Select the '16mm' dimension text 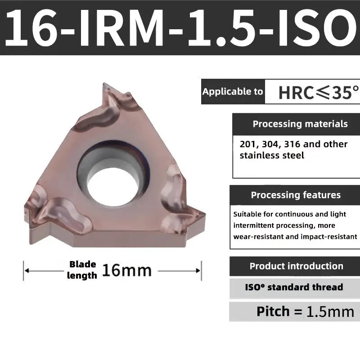(126, 270)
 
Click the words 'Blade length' (82, 270)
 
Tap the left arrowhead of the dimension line (26, 271)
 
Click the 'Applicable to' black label (233, 92)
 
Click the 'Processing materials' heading (300, 124)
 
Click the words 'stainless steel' (272, 156)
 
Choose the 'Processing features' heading (296, 195)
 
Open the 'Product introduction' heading (296, 266)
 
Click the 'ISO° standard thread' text (294, 287)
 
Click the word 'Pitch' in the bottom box (273, 311)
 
